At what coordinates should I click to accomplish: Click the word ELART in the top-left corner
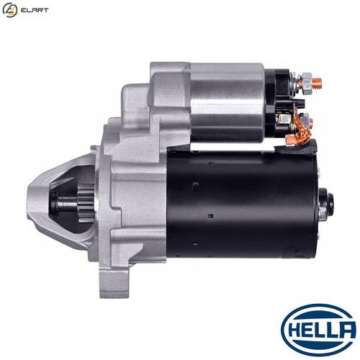[x=35, y=10]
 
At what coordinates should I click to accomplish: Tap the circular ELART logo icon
[x=10, y=10]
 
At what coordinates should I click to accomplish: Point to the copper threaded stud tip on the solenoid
[x=318, y=83]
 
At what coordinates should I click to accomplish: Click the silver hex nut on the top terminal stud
[x=307, y=83]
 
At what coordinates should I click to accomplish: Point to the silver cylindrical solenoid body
[x=227, y=102]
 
